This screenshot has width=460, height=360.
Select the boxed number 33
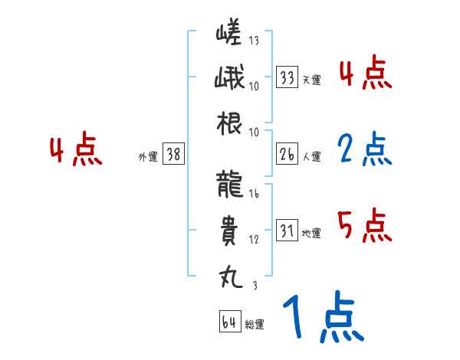click(287, 77)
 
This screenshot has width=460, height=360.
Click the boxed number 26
click(287, 154)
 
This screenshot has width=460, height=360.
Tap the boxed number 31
click(287, 231)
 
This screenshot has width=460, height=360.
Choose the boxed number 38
click(173, 154)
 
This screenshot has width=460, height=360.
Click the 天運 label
click(311, 80)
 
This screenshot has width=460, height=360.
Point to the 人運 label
click(311, 156)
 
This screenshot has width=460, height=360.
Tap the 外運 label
click(147, 156)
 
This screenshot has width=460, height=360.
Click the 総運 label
click(255, 324)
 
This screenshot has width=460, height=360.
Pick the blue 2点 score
click(364, 151)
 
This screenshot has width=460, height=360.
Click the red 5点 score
click(364, 225)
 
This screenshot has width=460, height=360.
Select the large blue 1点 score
click(322, 317)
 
